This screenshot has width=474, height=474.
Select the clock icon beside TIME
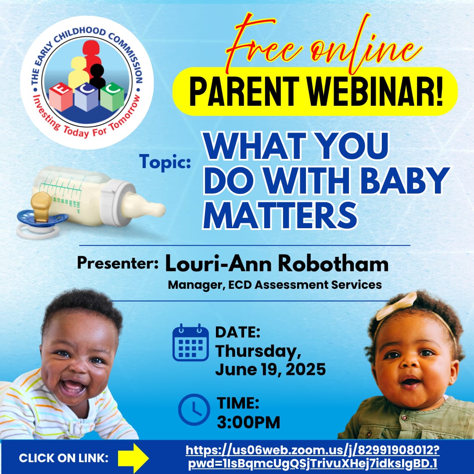(x=194, y=409)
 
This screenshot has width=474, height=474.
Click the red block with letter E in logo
(x=61, y=96)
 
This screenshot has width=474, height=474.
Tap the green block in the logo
(x=112, y=96)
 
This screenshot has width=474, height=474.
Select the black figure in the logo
(x=97, y=75)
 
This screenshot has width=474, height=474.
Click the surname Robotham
(x=333, y=264)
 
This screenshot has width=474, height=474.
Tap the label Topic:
(x=165, y=162)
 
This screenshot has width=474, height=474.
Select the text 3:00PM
(x=248, y=422)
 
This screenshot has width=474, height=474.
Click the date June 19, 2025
(x=270, y=370)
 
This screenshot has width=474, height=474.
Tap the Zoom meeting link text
(x=312, y=457)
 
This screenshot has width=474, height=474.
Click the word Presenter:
(x=118, y=262)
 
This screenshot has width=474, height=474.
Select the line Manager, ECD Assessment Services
(x=275, y=285)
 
